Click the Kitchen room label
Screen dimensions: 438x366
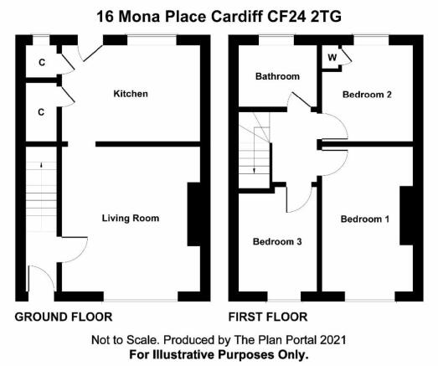pos(131,94)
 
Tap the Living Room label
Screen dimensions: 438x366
pos(131,218)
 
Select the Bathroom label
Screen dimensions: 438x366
pos(277,76)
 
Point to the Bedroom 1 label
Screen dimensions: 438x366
pos(365,219)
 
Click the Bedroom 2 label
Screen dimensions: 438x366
pos(367,95)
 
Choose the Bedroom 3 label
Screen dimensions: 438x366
pos(277,241)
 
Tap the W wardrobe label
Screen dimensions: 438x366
pos(332,58)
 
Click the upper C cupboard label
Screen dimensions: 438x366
pos(42,62)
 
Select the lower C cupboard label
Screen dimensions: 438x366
pos(41,112)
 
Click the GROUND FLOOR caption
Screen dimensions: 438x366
pos(64,317)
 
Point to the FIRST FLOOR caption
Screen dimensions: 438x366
pos(268,317)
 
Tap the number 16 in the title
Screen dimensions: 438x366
pos(105,17)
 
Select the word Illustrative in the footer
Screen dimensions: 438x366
pos(184,354)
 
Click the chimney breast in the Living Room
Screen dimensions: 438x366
pos(193,214)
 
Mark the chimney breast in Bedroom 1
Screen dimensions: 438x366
pos(406,215)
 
